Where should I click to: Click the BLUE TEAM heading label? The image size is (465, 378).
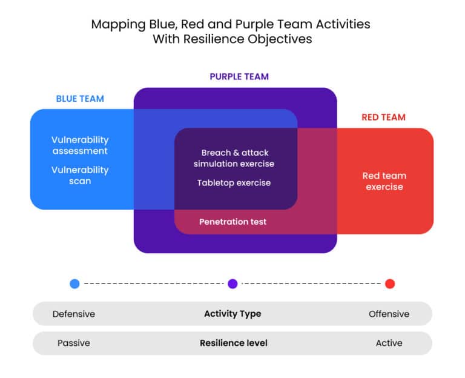pyautogui.click(x=80, y=99)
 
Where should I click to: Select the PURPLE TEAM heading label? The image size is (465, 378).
pyautogui.click(x=239, y=77)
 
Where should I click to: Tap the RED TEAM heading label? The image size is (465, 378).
pyautogui.click(x=383, y=118)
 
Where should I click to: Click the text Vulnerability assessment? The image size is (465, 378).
pyautogui.click(x=80, y=145)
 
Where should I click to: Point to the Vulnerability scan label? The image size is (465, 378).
pyautogui.click(x=80, y=176)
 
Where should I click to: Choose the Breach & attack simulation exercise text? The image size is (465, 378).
pyautogui.click(x=234, y=158)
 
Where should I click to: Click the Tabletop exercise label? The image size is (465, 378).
pyautogui.click(x=234, y=182)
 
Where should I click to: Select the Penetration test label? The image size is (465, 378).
pyautogui.click(x=232, y=222)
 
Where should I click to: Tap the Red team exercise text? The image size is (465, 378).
pyautogui.click(x=384, y=181)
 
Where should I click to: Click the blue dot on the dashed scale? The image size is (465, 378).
pyautogui.click(x=74, y=283)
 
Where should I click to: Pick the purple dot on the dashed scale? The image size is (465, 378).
pyautogui.click(x=232, y=283)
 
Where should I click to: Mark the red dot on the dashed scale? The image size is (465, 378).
pyautogui.click(x=390, y=283)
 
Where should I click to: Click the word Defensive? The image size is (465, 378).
pyautogui.click(x=74, y=314)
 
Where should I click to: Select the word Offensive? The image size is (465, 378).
pyautogui.click(x=389, y=314)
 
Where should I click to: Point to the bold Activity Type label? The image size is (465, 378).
pyautogui.click(x=232, y=314)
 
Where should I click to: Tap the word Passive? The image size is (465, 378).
pyautogui.click(x=74, y=343)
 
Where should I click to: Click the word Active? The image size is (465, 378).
pyautogui.click(x=389, y=343)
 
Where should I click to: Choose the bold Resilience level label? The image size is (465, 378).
pyautogui.click(x=234, y=343)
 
